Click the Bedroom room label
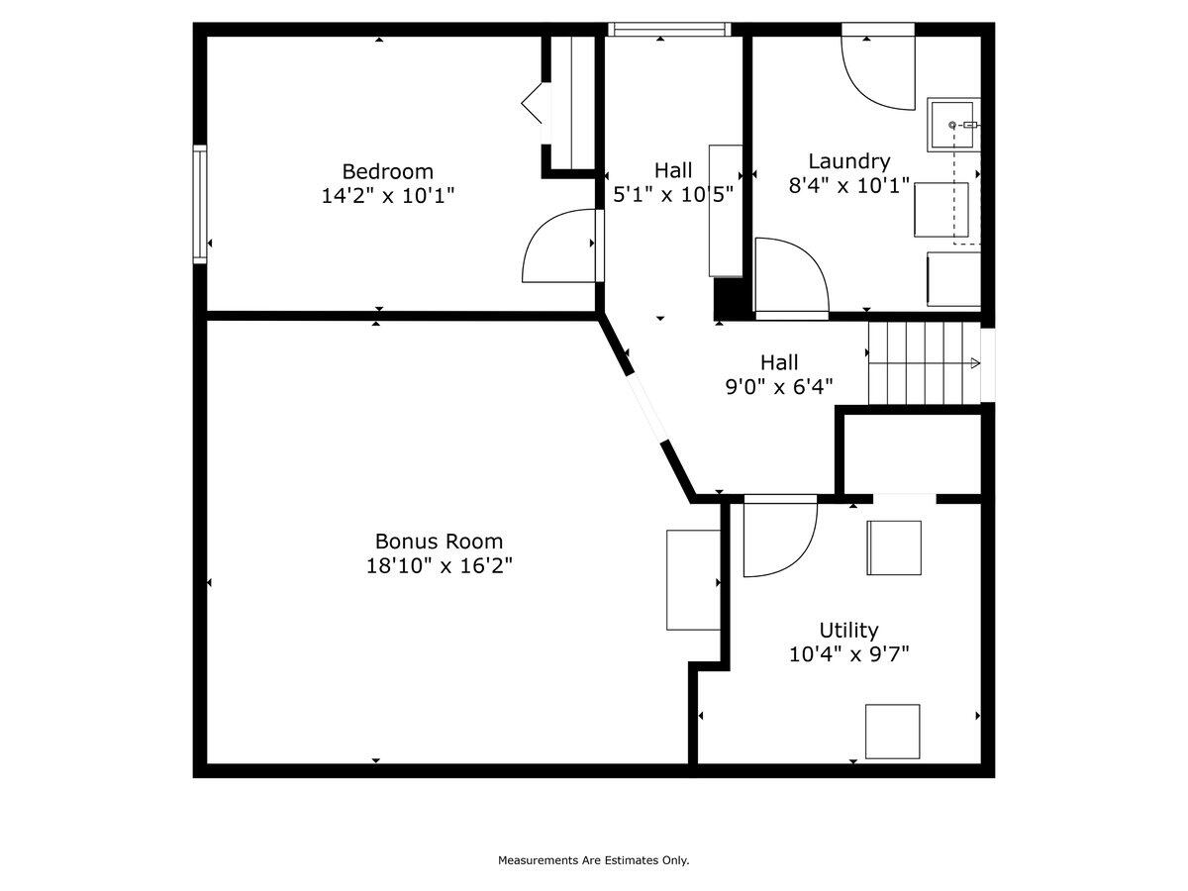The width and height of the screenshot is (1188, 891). pos(387,172)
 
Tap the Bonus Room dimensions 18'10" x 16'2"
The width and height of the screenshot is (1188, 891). pos(439,566)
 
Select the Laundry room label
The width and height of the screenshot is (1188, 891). pos(848,161)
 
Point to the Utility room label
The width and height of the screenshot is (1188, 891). pos(848,631)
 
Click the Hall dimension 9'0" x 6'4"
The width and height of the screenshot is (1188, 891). pos(779,387)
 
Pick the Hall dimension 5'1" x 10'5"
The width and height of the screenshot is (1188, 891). pos(673,194)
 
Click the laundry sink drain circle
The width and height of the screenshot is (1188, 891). pos(952,125)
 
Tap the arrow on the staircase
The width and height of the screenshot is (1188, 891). pos(973,363)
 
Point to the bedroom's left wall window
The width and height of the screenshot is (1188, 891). pos(200,205)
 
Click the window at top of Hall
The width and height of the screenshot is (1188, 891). pos(669,30)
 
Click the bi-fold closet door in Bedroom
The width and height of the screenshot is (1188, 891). pos(533,103)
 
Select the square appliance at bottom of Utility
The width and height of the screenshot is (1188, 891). pos(893,732)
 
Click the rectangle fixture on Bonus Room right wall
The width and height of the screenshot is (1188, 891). pos(693,580)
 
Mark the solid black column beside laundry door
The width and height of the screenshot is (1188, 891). pos(728,299)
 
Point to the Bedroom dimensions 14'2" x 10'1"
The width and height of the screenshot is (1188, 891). pos(387,195)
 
